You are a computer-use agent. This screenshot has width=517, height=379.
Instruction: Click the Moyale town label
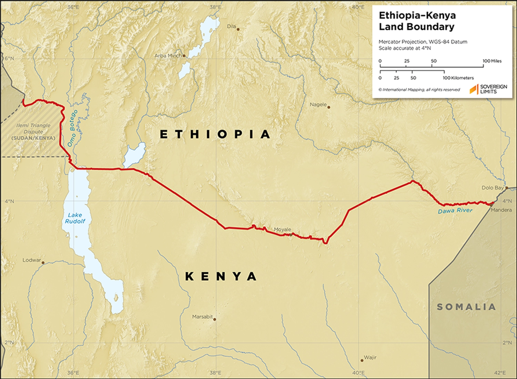[x=282, y=230]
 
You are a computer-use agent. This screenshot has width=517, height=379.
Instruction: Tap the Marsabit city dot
[x=215, y=319]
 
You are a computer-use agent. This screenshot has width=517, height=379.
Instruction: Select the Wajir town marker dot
[x=362, y=360]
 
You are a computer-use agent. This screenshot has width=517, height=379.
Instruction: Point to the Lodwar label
[x=31, y=260]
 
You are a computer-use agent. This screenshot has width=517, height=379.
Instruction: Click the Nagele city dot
[x=328, y=107]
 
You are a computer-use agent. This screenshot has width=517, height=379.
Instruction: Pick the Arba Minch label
[x=168, y=56]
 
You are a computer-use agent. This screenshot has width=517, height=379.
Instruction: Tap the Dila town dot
[x=238, y=29]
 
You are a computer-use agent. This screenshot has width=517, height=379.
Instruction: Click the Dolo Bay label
[x=493, y=188]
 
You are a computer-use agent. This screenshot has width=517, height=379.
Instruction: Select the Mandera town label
[x=501, y=210]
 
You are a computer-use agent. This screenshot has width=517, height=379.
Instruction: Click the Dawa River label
[x=455, y=211]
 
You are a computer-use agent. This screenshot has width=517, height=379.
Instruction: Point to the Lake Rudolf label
[x=75, y=218]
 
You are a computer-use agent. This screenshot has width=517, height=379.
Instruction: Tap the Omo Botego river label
[x=72, y=128]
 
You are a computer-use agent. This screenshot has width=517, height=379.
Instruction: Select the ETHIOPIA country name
[x=215, y=134]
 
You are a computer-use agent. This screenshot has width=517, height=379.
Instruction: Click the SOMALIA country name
[x=466, y=307]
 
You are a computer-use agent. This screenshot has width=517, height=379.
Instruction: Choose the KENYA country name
[x=221, y=276]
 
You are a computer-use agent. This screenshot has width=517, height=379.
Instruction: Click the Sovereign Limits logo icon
[x=474, y=89]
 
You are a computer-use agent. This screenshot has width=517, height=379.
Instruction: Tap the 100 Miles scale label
[x=492, y=61]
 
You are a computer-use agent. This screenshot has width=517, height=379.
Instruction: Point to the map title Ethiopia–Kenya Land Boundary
[x=417, y=21]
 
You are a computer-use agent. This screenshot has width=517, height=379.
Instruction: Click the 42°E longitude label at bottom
[x=500, y=373]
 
